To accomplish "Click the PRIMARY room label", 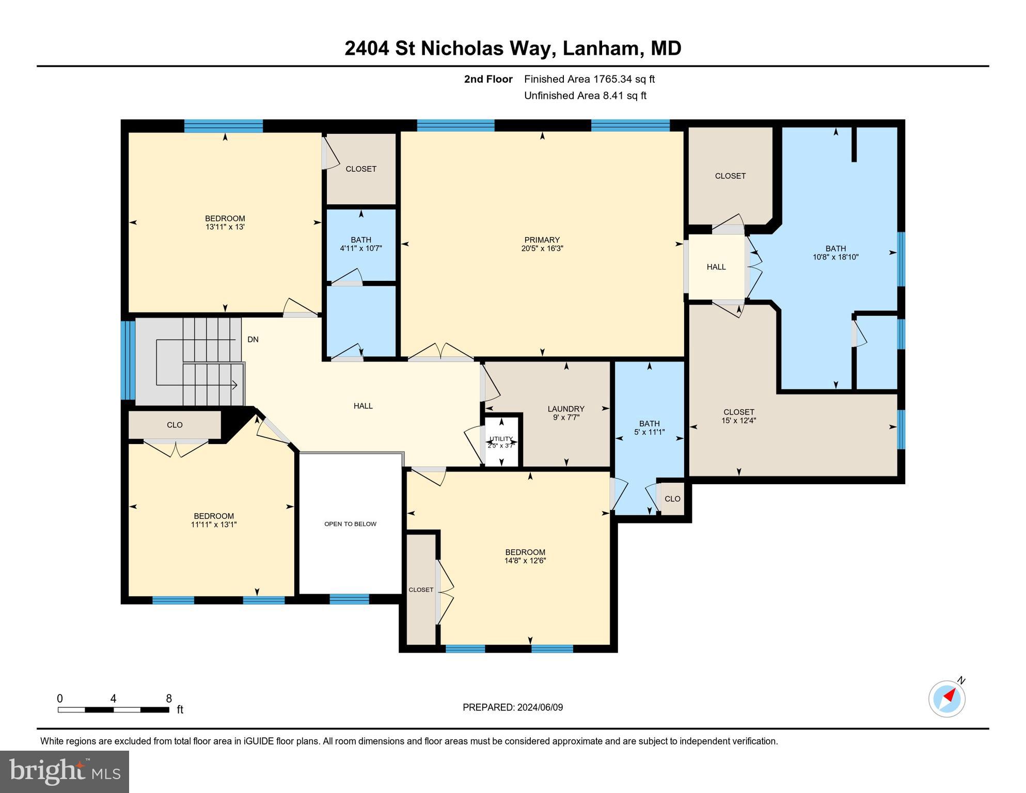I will (542, 240).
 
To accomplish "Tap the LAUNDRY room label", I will (566, 409).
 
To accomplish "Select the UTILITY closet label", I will (501, 439).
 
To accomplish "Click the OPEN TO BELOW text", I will (350, 524).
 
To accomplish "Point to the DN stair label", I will (253, 340).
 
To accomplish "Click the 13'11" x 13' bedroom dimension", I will (225, 227).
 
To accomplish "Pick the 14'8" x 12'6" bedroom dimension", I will (525, 561).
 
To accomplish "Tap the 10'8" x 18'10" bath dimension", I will (835, 257).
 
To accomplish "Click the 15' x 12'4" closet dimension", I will (738, 420).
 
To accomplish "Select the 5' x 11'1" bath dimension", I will (649, 432).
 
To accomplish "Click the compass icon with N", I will (947, 699).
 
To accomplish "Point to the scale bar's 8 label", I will (169, 699).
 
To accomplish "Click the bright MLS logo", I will (65, 771).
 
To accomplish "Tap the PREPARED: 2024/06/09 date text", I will (513, 707).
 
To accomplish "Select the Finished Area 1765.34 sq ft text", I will (589, 79).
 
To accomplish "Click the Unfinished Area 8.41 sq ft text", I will (585, 96).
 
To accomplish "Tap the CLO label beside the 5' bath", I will (672, 499).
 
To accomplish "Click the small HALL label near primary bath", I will (716, 267).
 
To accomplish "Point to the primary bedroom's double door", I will (440, 352).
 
